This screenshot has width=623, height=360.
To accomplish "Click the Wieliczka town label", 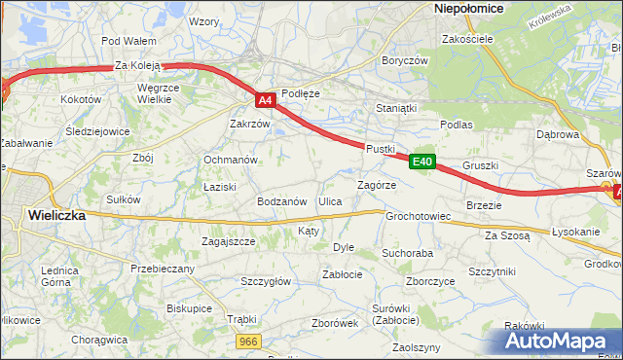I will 55,216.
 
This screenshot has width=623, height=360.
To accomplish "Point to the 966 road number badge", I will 248,341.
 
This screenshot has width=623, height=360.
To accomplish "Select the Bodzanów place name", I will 281,201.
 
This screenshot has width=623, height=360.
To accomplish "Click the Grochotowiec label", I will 418,216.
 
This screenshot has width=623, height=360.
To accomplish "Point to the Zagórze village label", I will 377,184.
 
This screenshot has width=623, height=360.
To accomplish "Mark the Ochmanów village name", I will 230,160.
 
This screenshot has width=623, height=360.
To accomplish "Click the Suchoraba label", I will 407,253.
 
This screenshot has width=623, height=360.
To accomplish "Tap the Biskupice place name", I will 189,307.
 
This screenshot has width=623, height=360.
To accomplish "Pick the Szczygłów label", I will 266,281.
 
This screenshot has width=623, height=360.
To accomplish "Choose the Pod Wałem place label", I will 128,41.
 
